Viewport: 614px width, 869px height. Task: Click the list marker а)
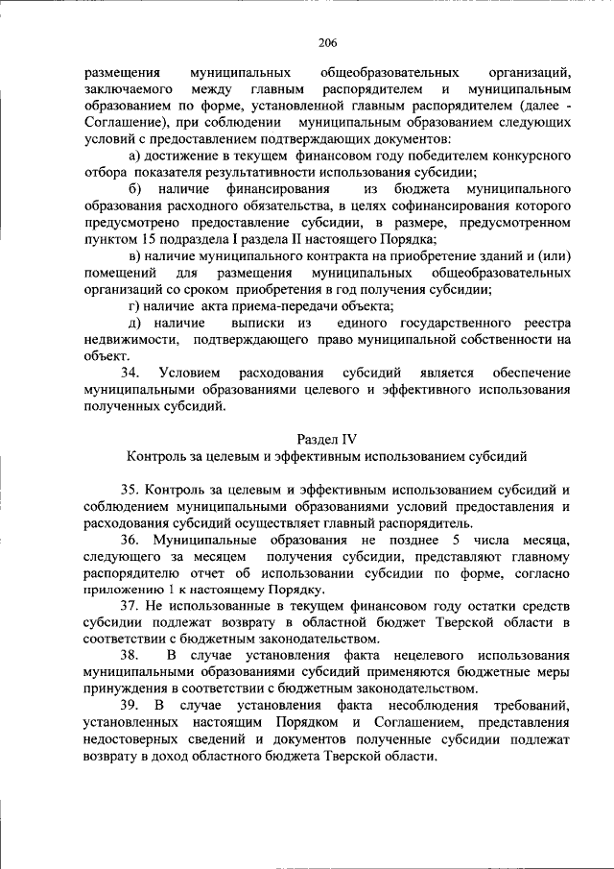point(133,156)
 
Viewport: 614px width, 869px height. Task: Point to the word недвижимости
point(130,339)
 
